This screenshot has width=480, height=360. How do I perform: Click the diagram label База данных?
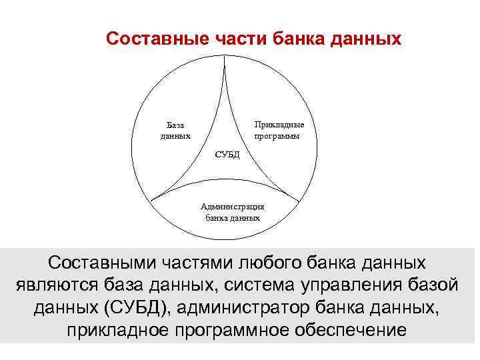[x=175, y=130]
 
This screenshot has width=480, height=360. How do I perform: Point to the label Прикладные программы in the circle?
[x=279, y=130]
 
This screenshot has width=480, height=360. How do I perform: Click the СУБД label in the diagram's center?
[x=227, y=155]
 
